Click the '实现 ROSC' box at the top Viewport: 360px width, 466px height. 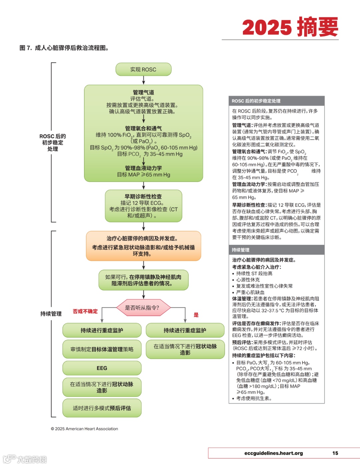coord(143,69)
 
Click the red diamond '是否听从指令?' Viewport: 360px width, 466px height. coord(143,308)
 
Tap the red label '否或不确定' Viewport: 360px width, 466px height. coord(85,311)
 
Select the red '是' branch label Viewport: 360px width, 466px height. coord(196,315)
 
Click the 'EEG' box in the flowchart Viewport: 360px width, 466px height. coord(102,368)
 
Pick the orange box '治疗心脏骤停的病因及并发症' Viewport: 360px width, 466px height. coord(143,246)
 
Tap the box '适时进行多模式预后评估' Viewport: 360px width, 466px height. coord(102,408)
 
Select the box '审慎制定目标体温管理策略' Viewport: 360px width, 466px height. coord(102,349)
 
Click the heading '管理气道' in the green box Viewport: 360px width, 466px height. coord(143,92)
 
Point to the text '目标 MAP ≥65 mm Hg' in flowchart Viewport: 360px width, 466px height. coord(143,174)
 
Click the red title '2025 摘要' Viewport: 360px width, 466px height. coord(290,27)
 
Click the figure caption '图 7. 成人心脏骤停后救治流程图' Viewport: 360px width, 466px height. coord(64,48)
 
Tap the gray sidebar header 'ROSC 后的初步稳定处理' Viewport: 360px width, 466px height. coord(256,101)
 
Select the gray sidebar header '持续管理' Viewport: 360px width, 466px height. coord(241,250)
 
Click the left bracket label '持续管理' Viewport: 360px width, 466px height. coord(51,314)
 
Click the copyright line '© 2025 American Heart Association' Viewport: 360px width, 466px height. coord(84,429)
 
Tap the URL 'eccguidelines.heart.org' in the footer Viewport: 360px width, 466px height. coord(273,453)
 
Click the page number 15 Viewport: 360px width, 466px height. coord(335,453)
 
